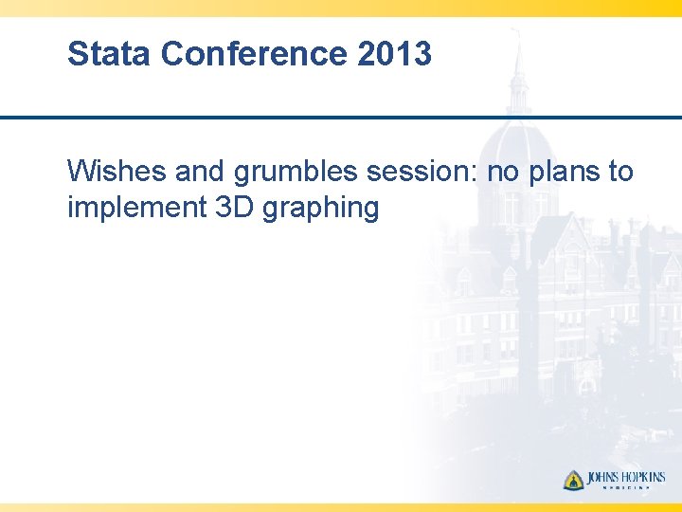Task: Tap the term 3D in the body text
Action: pyautogui.click(x=224, y=207)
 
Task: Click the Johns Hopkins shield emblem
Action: pyautogui.click(x=574, y=480)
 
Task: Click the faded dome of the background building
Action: pyautogui.click(x=518, y=152)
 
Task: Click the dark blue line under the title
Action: pyautogui.click(x=341, y=118)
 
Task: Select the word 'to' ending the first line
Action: pyautogui.click(x=620, y=172)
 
